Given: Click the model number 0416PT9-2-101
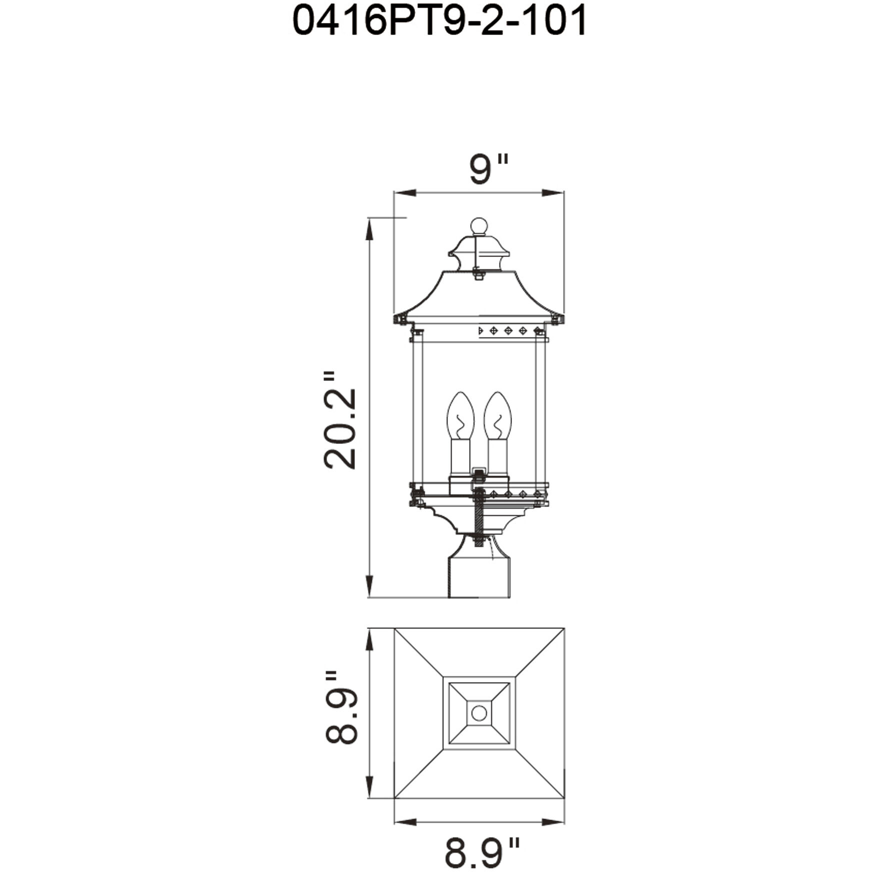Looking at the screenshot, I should click(439, 21).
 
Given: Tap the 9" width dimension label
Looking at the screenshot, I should click(488, 168).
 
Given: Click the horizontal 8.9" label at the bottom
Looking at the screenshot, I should click(481, 852).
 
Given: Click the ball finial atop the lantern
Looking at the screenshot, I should click(479, 226).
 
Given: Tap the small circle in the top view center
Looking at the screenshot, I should click(479, 712).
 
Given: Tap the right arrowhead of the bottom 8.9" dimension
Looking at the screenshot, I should click(553, 821).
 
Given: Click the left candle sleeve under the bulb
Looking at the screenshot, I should click(460, 457).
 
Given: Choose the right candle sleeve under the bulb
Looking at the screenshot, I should click(497, 457).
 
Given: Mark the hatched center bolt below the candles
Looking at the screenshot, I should click(479, 520).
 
